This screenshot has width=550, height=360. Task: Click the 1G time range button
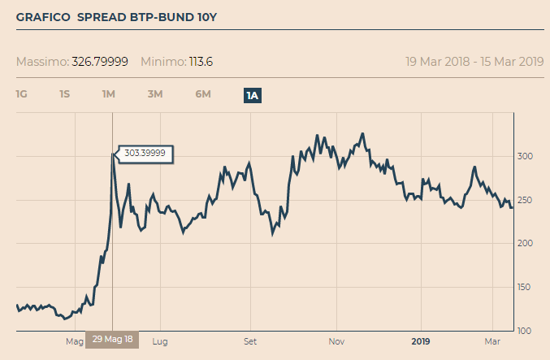pyautogui.click(x=22, y=94)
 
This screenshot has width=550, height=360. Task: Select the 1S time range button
pyautogui.click(x=64, y=94)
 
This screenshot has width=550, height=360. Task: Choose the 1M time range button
pyautogui.click(x=108, y=94)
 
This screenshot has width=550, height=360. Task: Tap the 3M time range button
pyautogui.click(x=155, y=94)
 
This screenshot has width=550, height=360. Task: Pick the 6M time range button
pyautogui.click(x=203, y=94)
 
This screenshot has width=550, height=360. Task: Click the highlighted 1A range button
pyautogui.click(x=253, y=95)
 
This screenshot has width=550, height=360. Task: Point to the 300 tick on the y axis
pyautogui.click(x=526, y=156)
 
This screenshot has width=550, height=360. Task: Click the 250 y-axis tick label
pyautogui.click(x=526, y=200)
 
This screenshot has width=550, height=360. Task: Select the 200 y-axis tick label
pyautogui.click(x=526, y=243)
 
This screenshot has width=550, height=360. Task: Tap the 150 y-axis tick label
pyautogui.click(x=526, y=287)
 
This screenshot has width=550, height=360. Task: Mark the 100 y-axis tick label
pyautogui.click(x=526, y=330)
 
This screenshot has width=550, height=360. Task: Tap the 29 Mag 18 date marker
pyautogui.click(x=112, y=340)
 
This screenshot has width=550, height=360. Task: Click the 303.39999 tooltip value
pyautogui.click(x=145, y=153)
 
